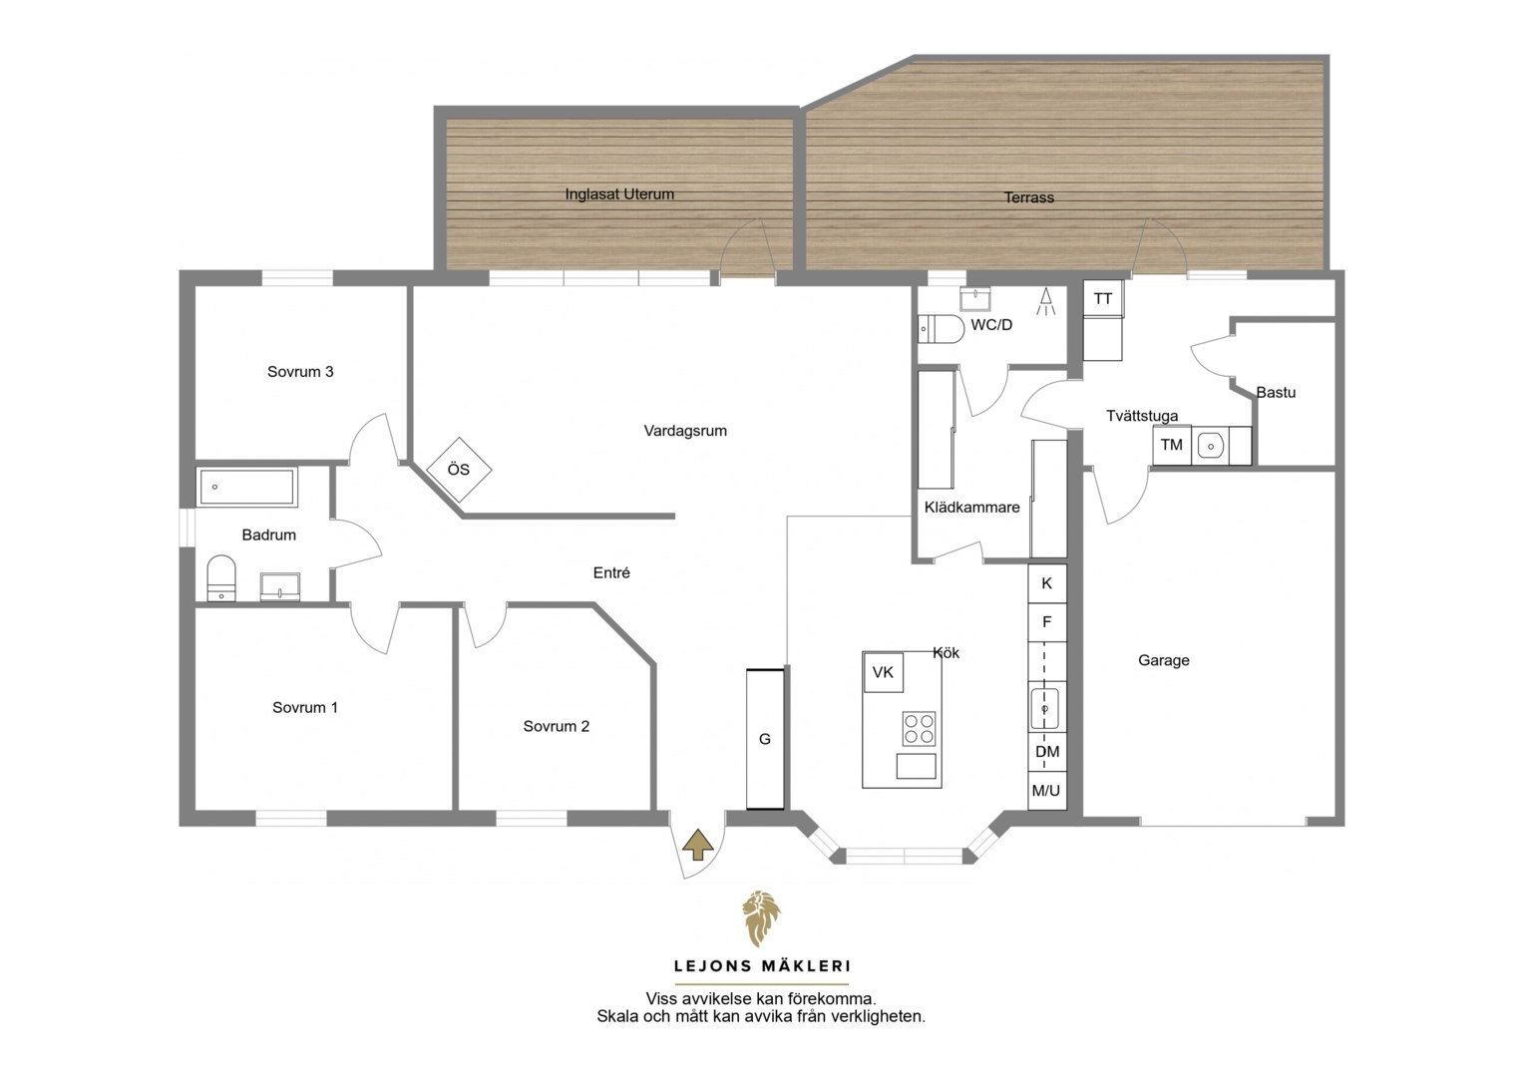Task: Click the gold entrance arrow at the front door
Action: click(698, 845)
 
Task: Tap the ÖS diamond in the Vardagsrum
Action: click(459, 470)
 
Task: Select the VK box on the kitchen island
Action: click(883, 672)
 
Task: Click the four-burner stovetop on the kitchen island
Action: click(919, 729)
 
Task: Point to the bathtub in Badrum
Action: click(247, 487)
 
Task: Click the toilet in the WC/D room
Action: click(941, 329)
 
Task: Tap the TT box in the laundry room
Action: click(1103, 299)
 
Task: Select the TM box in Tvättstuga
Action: click(1172, 446)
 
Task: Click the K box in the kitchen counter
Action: click(1047, 583)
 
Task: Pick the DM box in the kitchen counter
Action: click(1047, 752)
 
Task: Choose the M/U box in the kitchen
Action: click(1047, 791)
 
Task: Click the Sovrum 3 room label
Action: click(300, 372)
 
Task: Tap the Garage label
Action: click(1163, 660)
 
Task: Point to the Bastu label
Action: click(1276, 392)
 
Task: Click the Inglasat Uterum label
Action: click(619, 193)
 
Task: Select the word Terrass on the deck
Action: click(1028, 197)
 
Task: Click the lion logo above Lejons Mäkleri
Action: click(761, 918)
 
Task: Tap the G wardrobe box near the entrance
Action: click(765, 739)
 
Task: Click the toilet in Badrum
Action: click(221, 578)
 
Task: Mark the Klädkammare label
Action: click(971, 507)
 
